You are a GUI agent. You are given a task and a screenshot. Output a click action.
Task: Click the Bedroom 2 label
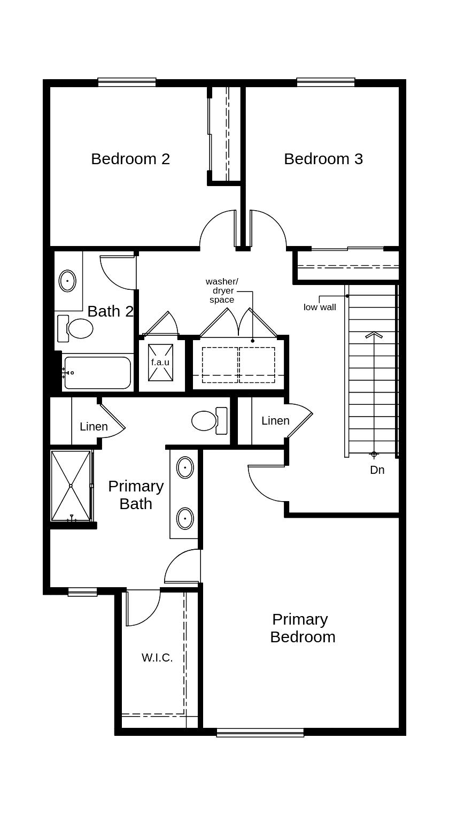coord(130,159)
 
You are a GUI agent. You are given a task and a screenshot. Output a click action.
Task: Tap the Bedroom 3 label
coord(323,159)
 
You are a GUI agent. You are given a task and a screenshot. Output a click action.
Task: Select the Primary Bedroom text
coord(302,628)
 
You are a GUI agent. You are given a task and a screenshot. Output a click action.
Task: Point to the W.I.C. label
coord(157,658)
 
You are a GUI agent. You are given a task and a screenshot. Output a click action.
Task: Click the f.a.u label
coord(160,362)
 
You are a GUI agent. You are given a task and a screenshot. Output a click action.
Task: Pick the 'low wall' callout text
coord(320,307)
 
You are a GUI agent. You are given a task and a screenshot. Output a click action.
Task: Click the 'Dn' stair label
coord(377,470)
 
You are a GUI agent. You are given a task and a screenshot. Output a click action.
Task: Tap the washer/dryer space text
coord(222,290)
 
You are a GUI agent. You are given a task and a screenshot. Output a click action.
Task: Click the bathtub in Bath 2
coord(97,373)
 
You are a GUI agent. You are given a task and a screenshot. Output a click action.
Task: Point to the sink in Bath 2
coord(67,281)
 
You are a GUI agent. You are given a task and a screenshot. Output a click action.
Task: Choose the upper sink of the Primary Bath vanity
coord(185,467)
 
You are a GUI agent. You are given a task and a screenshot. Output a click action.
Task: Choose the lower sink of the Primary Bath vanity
coord(185,518)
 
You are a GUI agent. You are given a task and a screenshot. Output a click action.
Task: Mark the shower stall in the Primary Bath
coord(71,486)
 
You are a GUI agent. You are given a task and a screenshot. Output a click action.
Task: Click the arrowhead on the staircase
coord(374,335)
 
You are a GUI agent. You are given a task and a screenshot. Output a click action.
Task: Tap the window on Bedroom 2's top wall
coord(127,82)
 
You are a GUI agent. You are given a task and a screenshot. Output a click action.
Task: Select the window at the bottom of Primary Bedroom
coord(260,733)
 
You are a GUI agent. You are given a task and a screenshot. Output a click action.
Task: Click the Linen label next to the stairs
coord(275,421)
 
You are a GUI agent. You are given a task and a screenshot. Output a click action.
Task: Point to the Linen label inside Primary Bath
coord(94,427)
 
